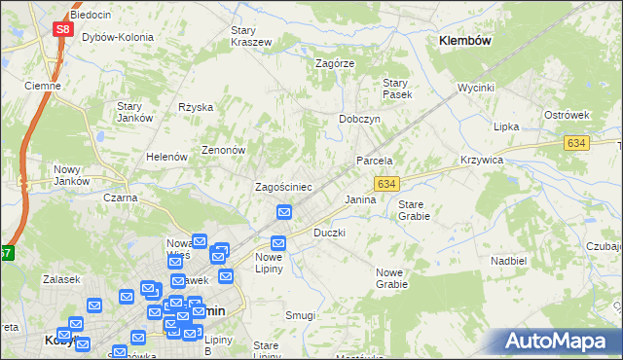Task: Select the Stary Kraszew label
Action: pos(250,36)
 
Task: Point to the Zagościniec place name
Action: pos(282,186)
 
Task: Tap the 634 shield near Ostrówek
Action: pos(574,143)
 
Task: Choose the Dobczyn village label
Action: pos(358,118)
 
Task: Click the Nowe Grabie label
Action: pos(391,278)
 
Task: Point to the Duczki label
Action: pos(329,234)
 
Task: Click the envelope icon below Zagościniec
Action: pos(285,212)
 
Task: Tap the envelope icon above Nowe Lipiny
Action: pos(278,243)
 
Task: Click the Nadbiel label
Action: pos(508,261)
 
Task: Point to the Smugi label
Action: pos(301,315)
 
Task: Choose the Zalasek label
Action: pos(60,279)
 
